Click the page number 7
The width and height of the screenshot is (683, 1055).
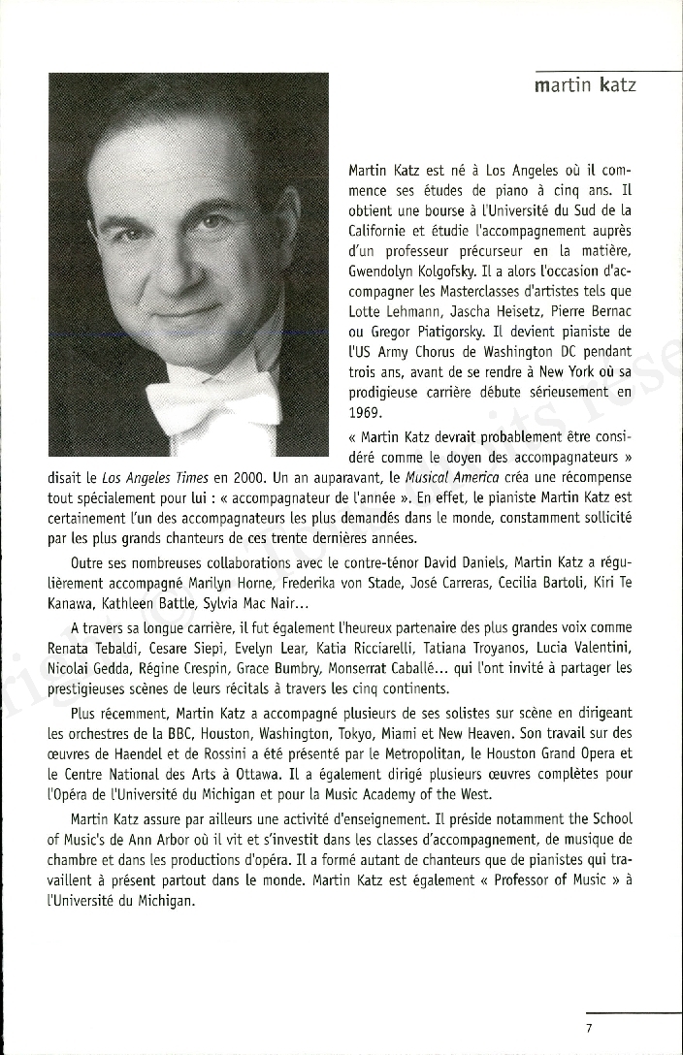coord(589,1028)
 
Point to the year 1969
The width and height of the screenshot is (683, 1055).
coord(364,410)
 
